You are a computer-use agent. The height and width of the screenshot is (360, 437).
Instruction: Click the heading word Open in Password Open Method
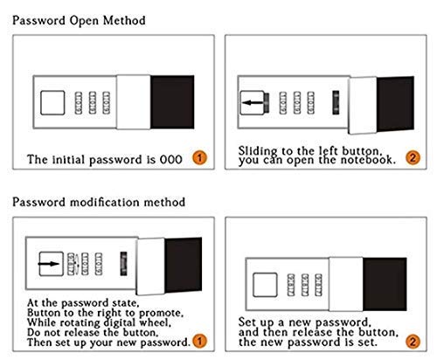coord(85,22)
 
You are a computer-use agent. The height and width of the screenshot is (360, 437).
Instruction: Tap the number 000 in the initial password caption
coord(171,159)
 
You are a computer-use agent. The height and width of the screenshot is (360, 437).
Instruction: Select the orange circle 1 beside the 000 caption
coord(199,157)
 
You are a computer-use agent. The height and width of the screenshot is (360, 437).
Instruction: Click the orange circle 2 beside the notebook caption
coord(413,157)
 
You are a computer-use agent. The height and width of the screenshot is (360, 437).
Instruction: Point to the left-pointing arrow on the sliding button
coord(253,103)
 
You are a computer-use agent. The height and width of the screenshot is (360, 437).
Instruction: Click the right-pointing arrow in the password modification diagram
coord(49,264)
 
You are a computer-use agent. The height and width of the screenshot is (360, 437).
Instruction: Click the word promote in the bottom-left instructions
coord(161,314)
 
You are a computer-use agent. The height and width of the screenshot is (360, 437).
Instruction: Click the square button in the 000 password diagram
coord(52,102)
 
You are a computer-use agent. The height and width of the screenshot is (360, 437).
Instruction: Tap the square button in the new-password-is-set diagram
coord(265,285)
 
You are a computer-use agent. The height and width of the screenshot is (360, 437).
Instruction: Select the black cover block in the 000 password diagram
coord(172,102)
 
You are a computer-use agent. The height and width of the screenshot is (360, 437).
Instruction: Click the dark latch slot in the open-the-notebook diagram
coord(336,102)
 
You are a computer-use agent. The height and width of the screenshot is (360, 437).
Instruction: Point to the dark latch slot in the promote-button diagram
coord(123,264)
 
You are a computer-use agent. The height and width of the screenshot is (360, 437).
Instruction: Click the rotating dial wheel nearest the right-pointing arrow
coord(71,264)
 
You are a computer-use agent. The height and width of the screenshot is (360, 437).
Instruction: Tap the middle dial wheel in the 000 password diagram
coord(93,102)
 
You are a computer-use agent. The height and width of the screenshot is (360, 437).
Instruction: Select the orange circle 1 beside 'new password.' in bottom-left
coord(199,341)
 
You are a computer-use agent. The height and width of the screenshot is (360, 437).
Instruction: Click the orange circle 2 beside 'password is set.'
coord(413,342)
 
